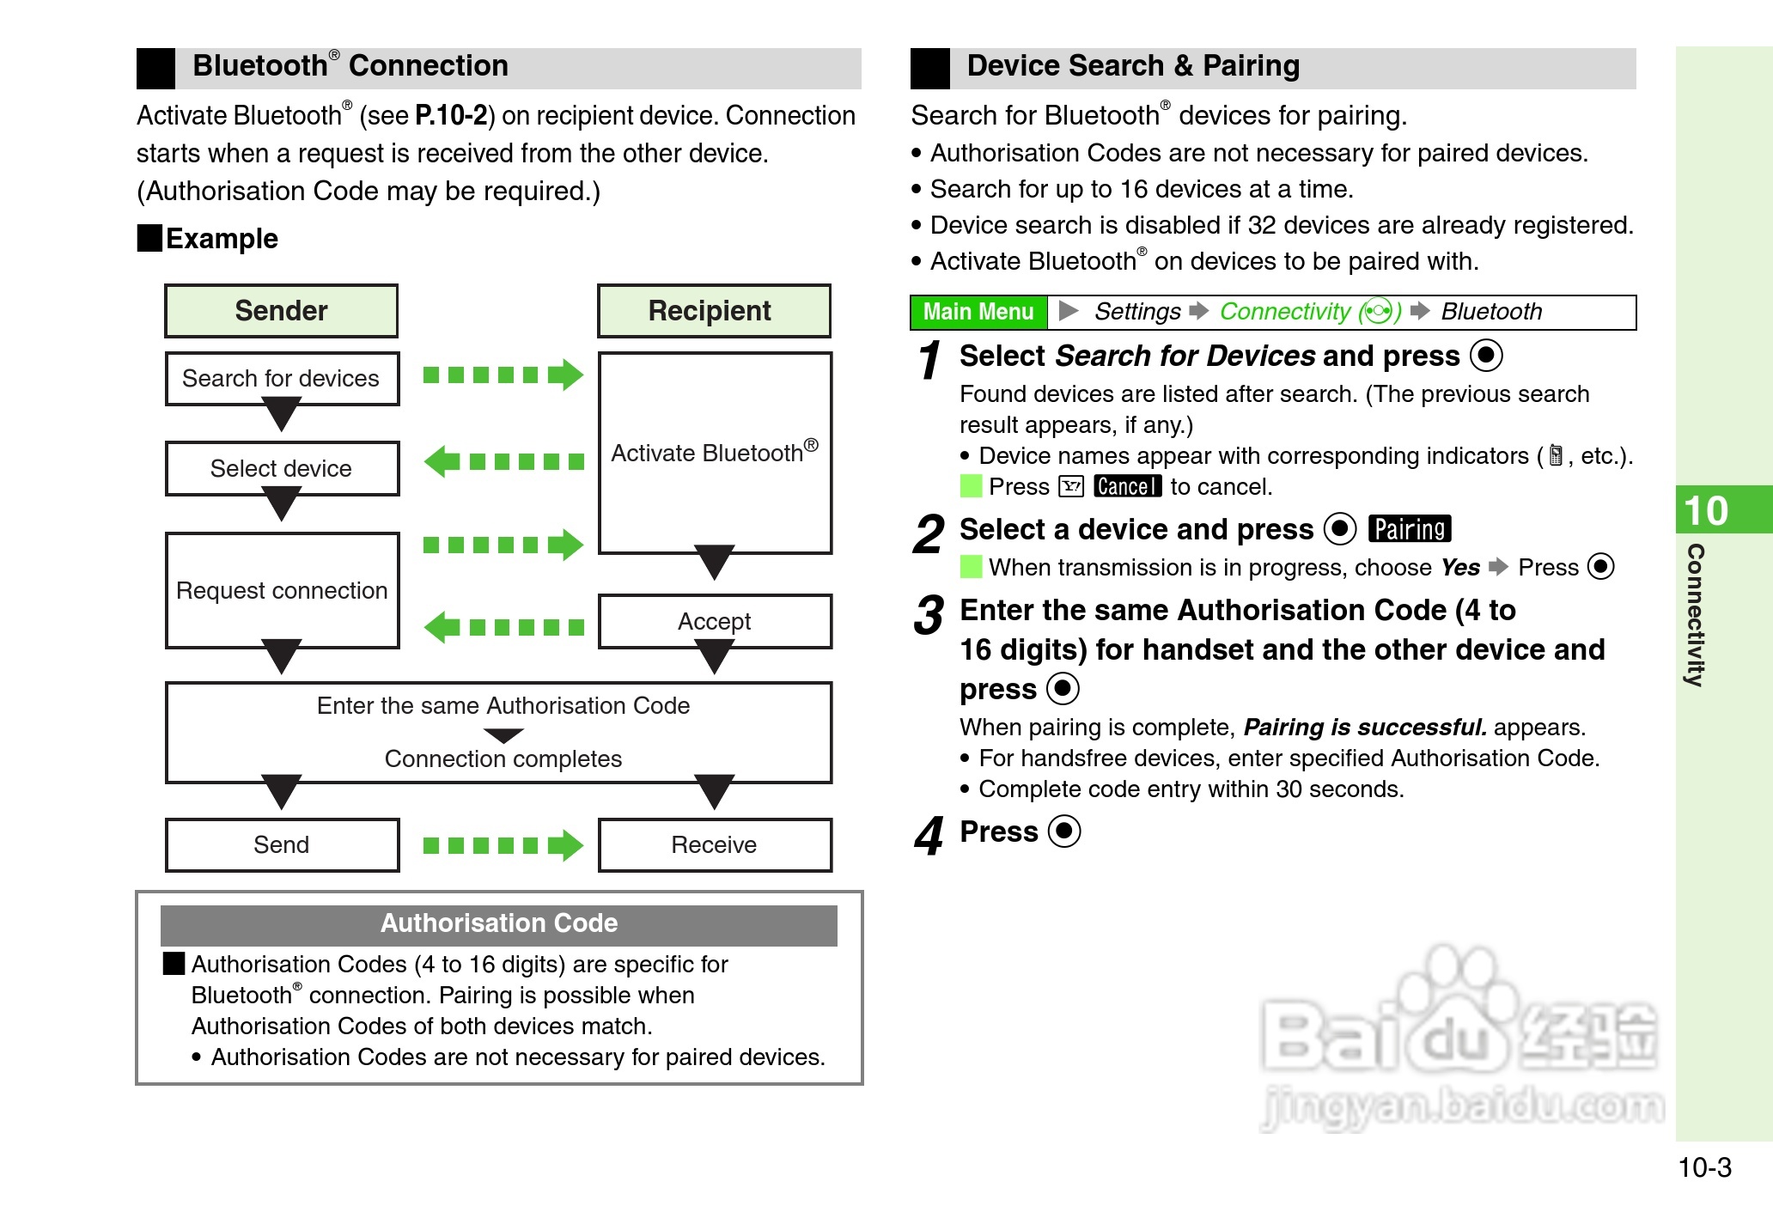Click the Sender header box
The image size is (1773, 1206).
click(x=281, y=311)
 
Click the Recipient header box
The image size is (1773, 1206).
click(x=714, y=311)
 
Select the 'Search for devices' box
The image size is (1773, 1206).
click(x=281, y=379)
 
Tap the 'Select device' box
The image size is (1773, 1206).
click(x=281, y=468)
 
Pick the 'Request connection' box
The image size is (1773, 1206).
click(x=281, y=590)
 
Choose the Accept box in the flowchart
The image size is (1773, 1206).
click(x=714, y=620)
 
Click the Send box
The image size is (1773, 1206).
click(x=281, y=844)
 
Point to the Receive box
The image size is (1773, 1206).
click(x=714, y=844)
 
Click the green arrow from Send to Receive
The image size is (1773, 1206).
click(x=503, y=845)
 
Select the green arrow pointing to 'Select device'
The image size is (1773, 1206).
click(x=503, y=461)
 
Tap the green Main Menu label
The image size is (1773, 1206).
click(x=978, y=312)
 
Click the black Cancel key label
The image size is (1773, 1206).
click(x=1127, y=487)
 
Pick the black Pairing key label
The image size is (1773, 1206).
click(x=1409, y=529)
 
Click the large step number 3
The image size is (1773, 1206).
click(x=929, y=615)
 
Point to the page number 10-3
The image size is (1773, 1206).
click(x=1704, y=1167)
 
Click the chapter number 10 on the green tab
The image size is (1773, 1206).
click(x=1706, y=510)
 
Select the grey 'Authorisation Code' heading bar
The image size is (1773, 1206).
click(x=498, y=924)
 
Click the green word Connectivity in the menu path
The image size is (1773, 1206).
click(x=1285, y=312)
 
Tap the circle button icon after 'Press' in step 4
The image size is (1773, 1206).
click(x=1065, y=831)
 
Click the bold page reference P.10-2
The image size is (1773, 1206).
click(x=451, y=115)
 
